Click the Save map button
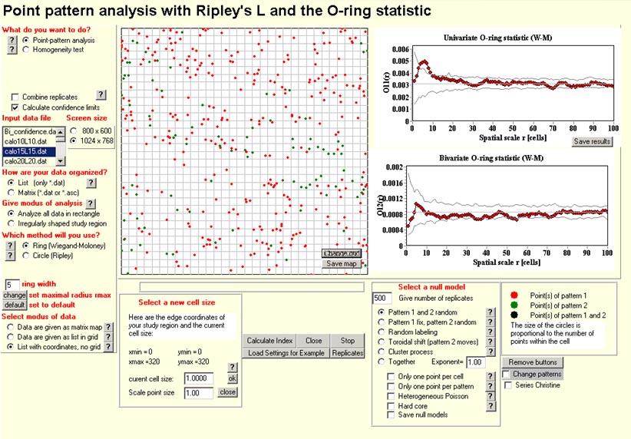[x=341, y=263]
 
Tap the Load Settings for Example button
[x=286, y=353]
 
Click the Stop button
[x=348, y=341]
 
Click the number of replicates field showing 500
[x=382, y=298]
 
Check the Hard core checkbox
[x=391, y=404]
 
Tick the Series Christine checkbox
[x=507, y=385]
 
